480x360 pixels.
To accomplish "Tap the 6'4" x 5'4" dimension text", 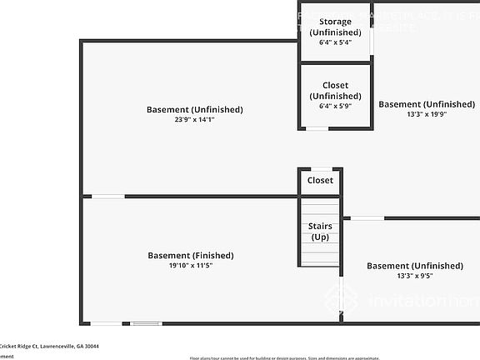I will coord(335,42).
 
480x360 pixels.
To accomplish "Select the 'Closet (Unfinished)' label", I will coord(335,91).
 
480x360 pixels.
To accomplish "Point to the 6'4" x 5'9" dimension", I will coord(335,107).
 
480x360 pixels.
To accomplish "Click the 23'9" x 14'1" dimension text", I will coord(194,120).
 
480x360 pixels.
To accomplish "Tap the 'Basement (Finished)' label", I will coord(191,255).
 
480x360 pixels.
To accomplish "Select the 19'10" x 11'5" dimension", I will coord(191,266).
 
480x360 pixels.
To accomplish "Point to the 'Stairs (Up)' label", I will coord(320,232).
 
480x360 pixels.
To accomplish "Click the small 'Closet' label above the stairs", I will coord(320,180).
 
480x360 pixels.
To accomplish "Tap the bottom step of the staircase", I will coord(320,263).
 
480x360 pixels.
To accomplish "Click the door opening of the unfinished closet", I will coord(317,128).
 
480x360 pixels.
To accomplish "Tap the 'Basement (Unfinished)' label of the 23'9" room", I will coord(194,109).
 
